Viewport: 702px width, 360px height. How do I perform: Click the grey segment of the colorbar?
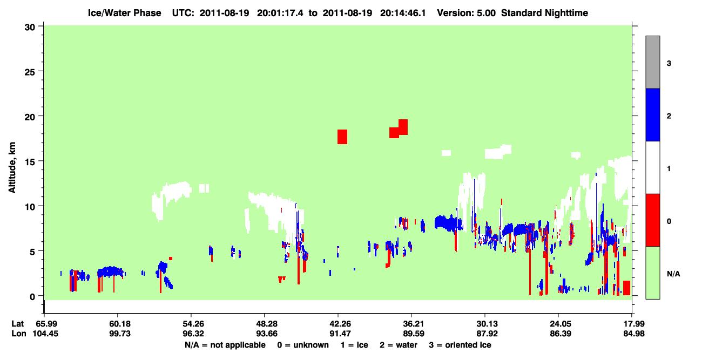click(x=652, y=62)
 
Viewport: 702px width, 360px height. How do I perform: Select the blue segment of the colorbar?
click(x=652, y=114)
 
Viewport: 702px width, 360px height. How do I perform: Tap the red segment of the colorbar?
click(x=652, y=220)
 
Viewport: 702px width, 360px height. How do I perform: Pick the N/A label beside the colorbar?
click(x=673, y=274)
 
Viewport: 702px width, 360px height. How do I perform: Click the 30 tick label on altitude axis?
click(x=30, y=28)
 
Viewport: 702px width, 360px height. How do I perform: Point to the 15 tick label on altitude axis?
click(x=30, y=161)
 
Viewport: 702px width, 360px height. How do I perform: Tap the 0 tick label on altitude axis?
click(x=32, y=296)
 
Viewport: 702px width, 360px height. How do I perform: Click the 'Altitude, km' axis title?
click(x=12, y=167)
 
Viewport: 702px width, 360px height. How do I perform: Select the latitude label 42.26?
click(x=338, y=323)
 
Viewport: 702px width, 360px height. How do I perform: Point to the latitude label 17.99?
click(x=632, y=323)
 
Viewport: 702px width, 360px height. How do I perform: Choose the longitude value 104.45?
click(x=45, y=334)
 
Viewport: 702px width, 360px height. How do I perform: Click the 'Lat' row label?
click(x=17, y=323)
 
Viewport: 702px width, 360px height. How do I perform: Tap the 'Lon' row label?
click(x=19, y=334)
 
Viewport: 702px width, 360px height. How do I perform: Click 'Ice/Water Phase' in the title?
click(x=124, y=13)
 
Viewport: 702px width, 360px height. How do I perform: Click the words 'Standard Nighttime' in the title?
click(x=544, y=13)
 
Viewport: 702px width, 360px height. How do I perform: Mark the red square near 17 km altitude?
click(x=342, y=137)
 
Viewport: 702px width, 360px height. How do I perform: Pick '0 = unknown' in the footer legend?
click(x=303, y=345)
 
